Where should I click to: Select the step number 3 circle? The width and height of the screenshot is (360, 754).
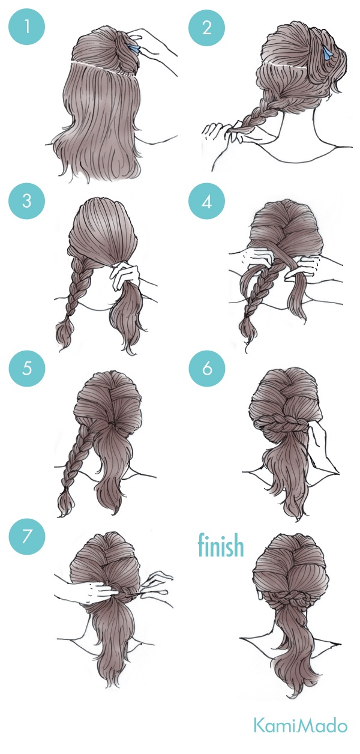[26, 201]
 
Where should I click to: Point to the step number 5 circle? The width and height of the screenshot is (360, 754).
[26, 367]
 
